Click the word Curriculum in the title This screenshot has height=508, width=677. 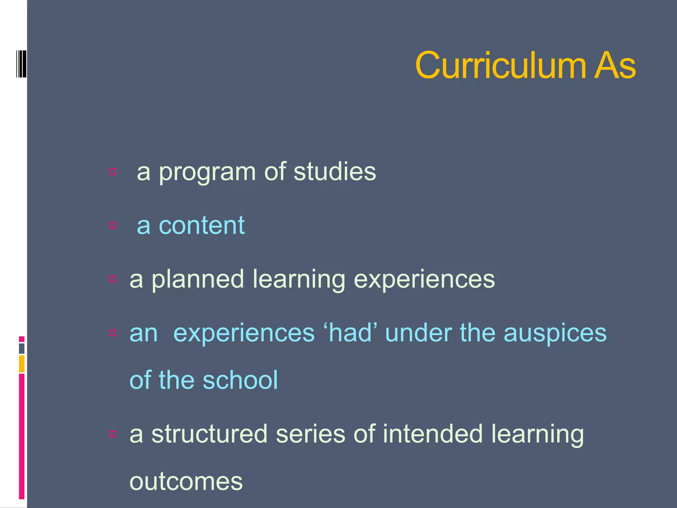pos(500,65)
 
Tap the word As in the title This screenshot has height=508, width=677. pos(615,65)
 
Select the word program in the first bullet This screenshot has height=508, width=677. pos(207,173)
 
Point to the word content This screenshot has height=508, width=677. pos(202,225)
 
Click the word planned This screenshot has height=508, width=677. pos(198,280)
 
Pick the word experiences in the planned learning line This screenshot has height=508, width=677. pos(424,280)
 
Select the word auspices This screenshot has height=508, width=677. pos(555,333)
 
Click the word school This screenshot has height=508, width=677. pos(240,380)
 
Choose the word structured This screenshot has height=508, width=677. pos(209,434)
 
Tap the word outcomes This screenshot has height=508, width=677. pos(186,482)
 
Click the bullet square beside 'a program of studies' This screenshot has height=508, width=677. pos(113,171)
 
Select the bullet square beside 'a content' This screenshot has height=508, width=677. pos(113,225)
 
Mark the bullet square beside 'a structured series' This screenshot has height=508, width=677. pos(113,434)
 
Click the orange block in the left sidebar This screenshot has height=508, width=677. pos(21,363)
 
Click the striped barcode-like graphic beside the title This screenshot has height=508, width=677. pos(21,64)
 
